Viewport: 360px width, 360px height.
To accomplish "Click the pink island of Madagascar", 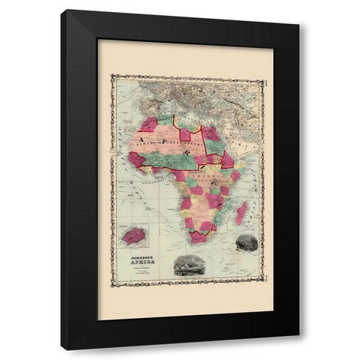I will click(241, 213).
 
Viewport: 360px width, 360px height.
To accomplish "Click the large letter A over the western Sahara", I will click(138, 133).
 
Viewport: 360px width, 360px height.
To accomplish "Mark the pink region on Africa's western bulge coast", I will click(136, 159).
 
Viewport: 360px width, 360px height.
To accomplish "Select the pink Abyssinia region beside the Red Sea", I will click(226, 160).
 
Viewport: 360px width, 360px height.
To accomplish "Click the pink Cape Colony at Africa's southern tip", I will click(199, 236).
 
